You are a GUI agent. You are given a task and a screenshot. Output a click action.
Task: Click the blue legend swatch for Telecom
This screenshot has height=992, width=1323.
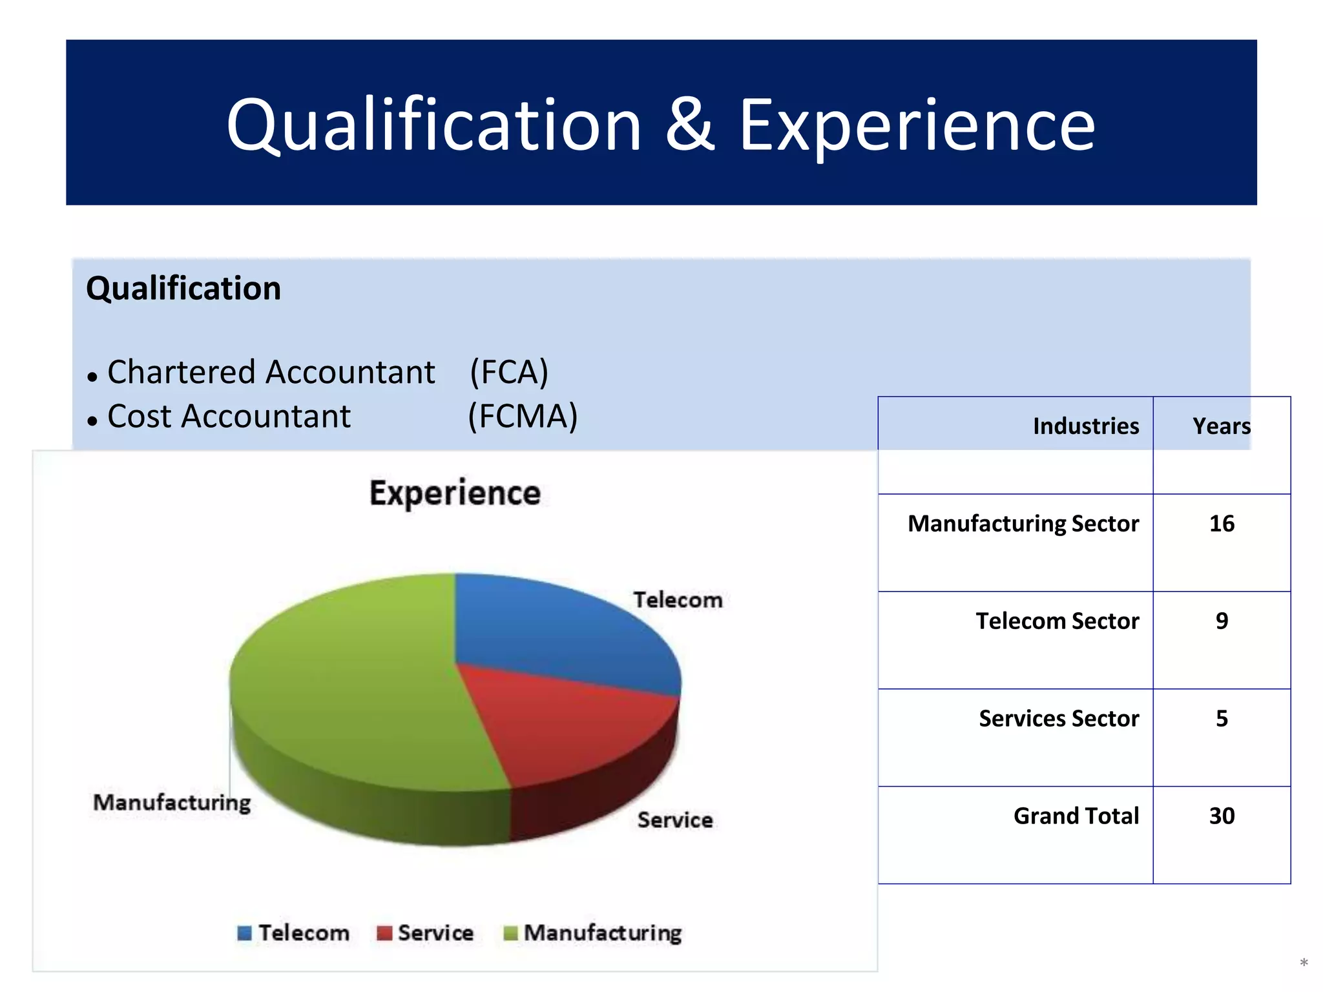click(244, 933)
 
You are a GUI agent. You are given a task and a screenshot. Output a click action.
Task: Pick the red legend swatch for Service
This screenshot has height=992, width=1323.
click(384, 933)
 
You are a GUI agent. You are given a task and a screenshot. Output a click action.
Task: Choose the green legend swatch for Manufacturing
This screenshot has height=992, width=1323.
click(510, 933)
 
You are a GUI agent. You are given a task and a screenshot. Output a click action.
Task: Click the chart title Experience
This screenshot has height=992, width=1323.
click(455, 493)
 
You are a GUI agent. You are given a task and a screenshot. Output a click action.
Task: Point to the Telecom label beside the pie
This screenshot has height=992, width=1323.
click(678, 600)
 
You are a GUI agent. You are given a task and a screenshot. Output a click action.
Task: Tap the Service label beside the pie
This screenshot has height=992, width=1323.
click(675, 820)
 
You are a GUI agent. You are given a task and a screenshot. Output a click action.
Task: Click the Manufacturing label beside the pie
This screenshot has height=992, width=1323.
click(172, 803)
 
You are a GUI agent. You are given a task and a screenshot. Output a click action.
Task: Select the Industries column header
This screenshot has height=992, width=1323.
click(1086, 426)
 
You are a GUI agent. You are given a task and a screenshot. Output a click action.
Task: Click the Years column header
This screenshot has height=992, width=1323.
click(1222, 426)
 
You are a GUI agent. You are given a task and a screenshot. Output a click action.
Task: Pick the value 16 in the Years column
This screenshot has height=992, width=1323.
click(1222, 524)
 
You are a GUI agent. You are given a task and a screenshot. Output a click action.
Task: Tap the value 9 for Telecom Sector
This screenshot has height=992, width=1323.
click(1222, 621)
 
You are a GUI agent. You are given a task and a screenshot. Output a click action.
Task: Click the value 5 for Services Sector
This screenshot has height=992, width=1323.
click(1222, 719)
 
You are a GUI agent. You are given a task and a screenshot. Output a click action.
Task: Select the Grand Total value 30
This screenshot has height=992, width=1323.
click(1222, 816)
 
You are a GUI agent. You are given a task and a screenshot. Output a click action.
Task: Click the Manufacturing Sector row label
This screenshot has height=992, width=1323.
click(1023, 524)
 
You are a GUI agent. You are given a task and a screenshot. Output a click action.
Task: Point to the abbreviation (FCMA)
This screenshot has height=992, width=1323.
click(523, 417)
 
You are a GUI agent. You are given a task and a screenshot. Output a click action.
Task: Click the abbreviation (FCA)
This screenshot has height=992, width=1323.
click(509, 373)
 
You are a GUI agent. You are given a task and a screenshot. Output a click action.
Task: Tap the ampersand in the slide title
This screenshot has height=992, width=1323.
click(690, 125)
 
